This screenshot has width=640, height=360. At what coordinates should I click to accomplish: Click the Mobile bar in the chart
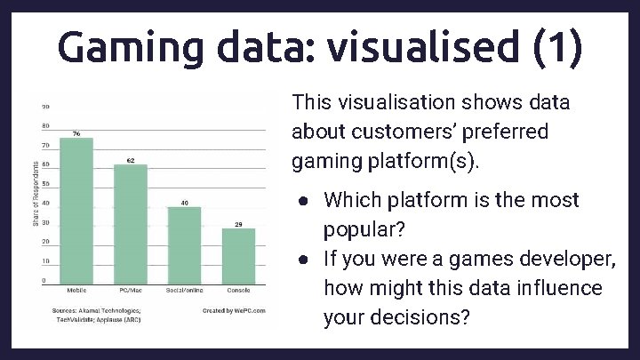[76, 210]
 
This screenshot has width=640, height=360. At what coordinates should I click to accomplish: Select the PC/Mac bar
[131, 223]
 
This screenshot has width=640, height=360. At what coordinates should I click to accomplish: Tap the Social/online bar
[184, 244]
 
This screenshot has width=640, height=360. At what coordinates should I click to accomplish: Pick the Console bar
[238, 255]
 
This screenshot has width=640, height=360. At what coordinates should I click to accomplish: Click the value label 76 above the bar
[76, 133]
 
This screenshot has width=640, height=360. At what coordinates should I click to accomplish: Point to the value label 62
[131, 161]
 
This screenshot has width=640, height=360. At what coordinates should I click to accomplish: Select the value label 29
[238, 224]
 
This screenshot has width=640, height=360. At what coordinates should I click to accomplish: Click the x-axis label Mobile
[76, 291]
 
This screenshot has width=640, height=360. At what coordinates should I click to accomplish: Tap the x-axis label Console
[238, 291]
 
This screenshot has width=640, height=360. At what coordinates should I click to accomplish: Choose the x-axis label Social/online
[184, 291]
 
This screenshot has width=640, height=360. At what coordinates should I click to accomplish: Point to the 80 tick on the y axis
[44, 126]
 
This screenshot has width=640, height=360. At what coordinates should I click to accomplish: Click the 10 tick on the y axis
[44, 261]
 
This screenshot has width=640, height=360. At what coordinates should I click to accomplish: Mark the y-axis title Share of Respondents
[36, 193]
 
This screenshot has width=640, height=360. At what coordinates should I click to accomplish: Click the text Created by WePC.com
[233, 310]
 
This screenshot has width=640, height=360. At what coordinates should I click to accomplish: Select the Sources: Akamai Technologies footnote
[98, 310]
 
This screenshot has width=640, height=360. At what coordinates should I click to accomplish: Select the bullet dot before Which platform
[304, 201]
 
